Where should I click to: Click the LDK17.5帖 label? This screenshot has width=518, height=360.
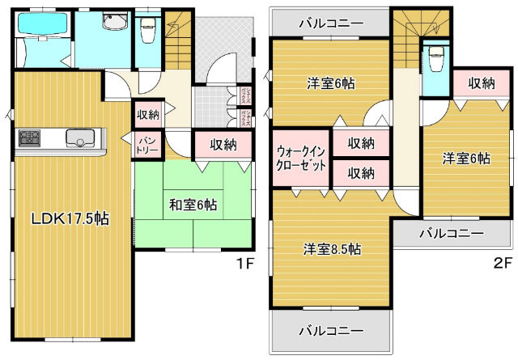coord(70,218)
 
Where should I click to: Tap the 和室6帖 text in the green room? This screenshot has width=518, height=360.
coord(193,205)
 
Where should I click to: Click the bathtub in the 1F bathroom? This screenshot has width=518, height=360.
coord(41,24)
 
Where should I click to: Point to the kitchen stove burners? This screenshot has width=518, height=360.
coord(30,138)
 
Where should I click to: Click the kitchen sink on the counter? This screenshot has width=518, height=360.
coord(81,138)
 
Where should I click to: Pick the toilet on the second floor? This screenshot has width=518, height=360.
coord(437,58)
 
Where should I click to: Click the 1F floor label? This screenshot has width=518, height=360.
coord(245,263)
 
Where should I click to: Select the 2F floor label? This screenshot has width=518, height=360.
coord(502,263)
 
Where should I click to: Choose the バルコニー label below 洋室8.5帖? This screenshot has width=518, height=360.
coord(330,330)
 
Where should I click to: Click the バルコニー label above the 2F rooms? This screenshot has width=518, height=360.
coord(330,23)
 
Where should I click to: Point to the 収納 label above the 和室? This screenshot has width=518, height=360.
coord(223,145)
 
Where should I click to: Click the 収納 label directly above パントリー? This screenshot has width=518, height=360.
coord(148,114)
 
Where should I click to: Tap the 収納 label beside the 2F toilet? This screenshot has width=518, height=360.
coord(481,83)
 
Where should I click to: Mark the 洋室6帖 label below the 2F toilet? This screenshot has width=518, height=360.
coord(465,159)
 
